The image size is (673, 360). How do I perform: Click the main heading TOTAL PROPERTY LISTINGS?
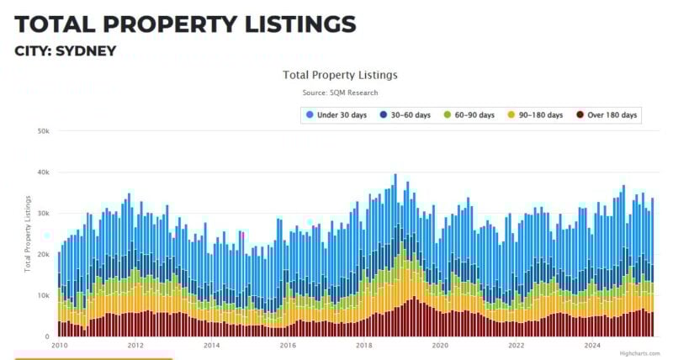point(185,23)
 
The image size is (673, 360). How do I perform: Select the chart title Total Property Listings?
point(340,75)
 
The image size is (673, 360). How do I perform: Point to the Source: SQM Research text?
point(340,93)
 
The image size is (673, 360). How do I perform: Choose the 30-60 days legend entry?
point(407,114)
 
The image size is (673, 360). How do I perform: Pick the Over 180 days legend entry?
point(607,114)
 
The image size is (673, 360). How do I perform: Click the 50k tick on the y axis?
point(43,131)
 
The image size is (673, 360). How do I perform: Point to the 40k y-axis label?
point(43,172)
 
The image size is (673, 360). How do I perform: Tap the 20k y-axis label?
point(43,255)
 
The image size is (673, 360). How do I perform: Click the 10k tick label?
point(43,296)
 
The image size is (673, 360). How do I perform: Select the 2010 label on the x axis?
point(59,345)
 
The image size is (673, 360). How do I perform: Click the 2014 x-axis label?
point(211,345)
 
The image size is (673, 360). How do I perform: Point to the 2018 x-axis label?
point(364,345)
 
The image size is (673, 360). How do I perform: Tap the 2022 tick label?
point(517,345)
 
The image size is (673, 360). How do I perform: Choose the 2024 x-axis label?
point(592,345)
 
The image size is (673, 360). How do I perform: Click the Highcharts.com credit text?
point(642,354)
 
